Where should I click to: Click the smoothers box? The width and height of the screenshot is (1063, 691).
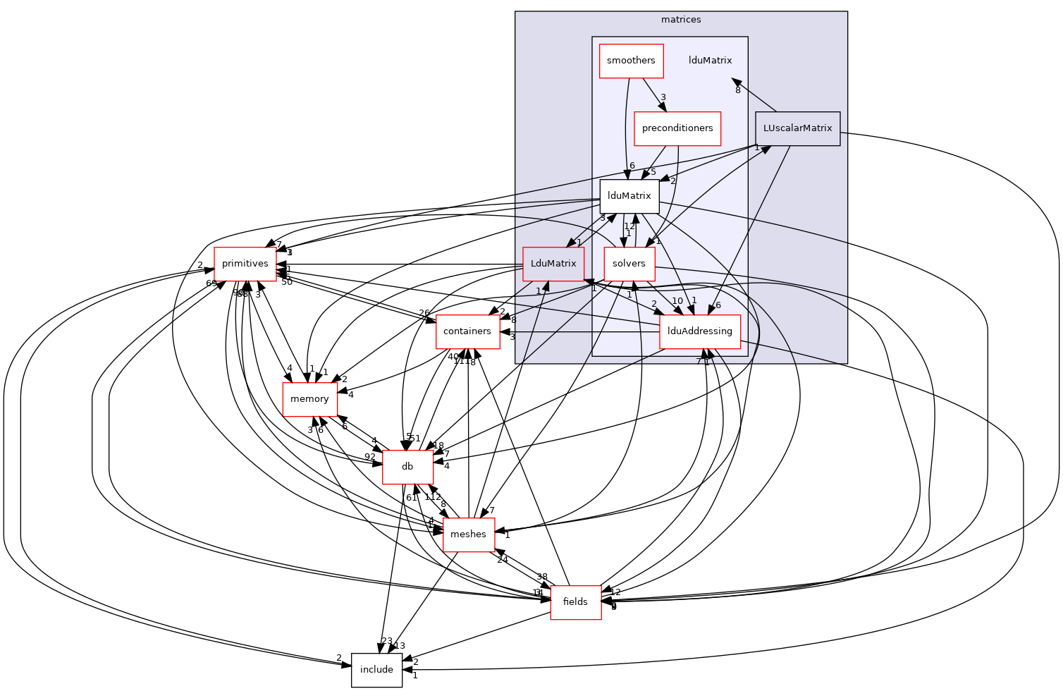[631, 61]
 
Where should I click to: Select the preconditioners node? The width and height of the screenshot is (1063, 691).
[677, 128]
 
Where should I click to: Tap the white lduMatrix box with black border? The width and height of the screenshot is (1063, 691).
[629, 196]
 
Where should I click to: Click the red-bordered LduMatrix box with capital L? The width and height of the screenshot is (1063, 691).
[553, 264]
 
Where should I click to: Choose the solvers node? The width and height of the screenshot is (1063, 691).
[629, 264]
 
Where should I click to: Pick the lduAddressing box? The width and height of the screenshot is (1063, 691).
[699, 331]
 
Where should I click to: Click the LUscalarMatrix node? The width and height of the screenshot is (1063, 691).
[797, 128]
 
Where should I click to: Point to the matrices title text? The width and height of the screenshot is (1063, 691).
[681, 20]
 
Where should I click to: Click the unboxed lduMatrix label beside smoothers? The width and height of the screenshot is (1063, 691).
[710, 61]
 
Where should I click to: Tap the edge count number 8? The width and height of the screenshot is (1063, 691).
[737, 90]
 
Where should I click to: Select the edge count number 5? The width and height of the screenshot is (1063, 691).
[653, 172]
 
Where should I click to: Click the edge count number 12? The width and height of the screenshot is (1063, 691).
[629, 226]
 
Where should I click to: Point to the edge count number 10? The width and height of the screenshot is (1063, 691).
[677, 301]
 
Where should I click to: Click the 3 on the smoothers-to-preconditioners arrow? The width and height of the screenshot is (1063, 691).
[663, 97]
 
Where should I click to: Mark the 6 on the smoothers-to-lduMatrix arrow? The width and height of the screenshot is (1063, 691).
[632, 166]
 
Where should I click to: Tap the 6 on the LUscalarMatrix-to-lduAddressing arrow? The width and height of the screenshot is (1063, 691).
[718, 305]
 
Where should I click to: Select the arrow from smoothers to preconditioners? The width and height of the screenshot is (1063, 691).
[652, 94]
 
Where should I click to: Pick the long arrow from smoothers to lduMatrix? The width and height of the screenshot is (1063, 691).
[626, 127]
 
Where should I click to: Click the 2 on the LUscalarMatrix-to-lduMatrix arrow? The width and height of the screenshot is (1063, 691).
[672, 181]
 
